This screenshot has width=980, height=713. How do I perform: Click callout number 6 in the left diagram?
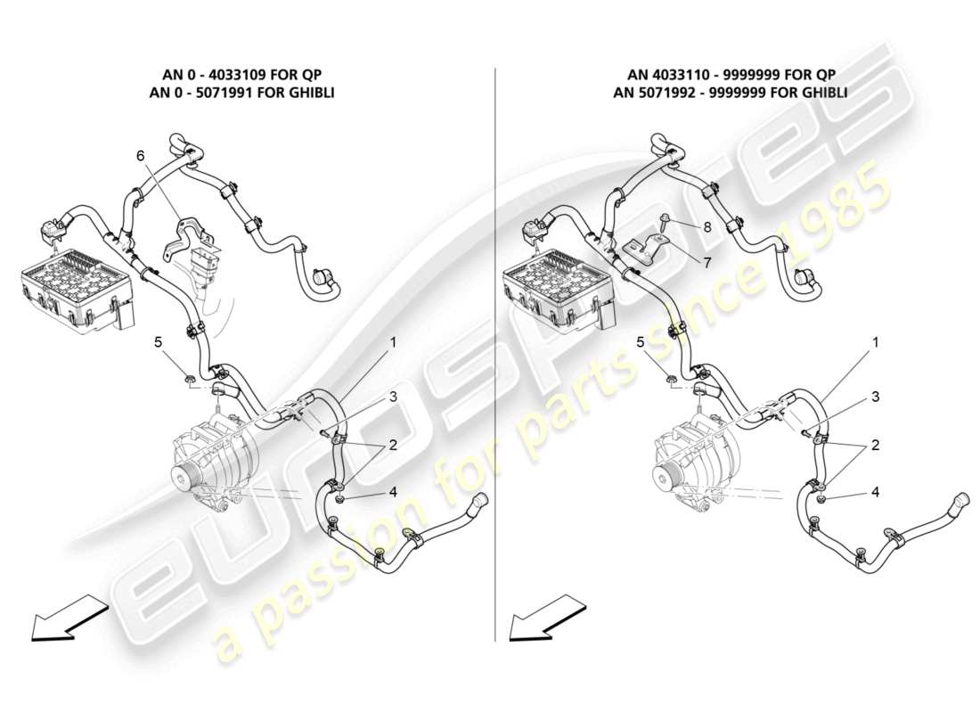pos(140,156)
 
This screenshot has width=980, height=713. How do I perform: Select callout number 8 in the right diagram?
pos(706,226)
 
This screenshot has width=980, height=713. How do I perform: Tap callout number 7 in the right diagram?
pos(706,264)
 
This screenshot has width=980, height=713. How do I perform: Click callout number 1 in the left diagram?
pos(392,342)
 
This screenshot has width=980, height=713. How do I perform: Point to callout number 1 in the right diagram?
pos(875,342)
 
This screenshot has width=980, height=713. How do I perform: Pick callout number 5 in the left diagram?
pos(159,341)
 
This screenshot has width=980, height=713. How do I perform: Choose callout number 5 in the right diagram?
pos(641,341)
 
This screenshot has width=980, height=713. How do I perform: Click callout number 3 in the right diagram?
pos(875,397)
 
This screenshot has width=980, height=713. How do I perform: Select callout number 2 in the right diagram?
pos(875,444)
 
